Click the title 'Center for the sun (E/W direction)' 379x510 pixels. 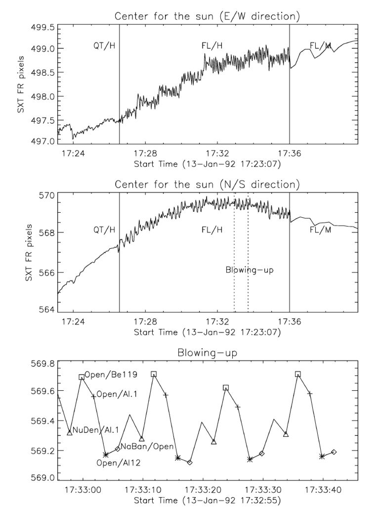(x=207, y=16)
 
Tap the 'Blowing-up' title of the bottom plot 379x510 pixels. (x=207, y=354)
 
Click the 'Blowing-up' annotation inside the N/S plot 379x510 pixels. (x=250, y=270)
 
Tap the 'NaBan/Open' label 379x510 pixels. (x=147, y=446)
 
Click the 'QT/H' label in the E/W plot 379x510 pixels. (x=104, y=46)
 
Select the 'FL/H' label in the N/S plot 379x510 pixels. (x=212, y=230)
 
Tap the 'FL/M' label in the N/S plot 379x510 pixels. (x=320, y=230)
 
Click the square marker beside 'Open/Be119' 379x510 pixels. (x=82, y=377)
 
